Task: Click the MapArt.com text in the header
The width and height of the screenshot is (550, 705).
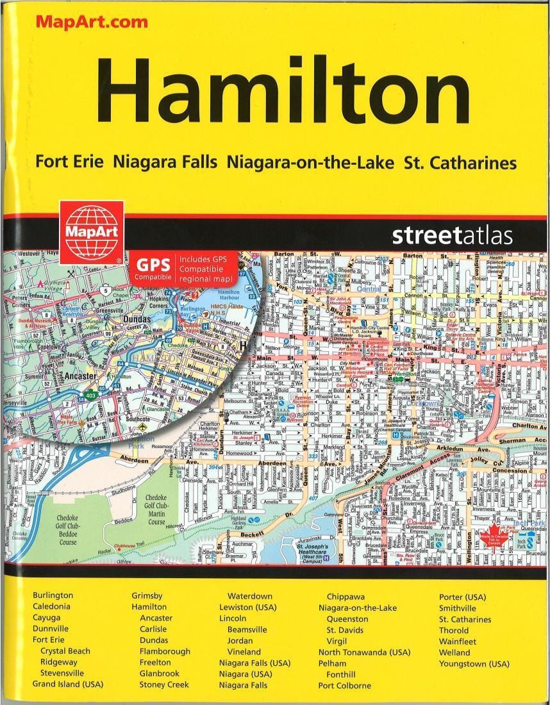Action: click(92, 21)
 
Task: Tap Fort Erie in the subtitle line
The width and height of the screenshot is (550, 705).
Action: click(69, 162)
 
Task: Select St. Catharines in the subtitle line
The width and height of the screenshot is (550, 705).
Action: click(460, 162)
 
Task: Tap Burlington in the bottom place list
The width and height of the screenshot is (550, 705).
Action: click(53, 595)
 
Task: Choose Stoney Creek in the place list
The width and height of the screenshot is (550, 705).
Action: click(164, 684)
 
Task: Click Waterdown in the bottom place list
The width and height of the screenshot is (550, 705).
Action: click(250, 596)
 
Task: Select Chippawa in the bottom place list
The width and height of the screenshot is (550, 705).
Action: click(346, 596)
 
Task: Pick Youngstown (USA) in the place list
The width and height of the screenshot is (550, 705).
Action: click(474, 663)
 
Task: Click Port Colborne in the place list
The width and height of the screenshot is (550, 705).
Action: click(344, 685)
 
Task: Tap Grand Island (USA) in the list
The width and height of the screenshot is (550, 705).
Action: click(67, 684)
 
